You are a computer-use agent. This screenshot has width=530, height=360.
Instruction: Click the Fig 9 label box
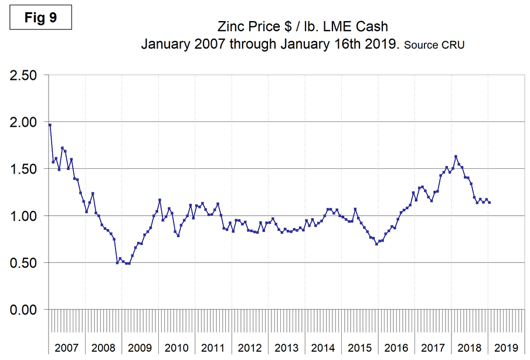pyautogui.click(x=41, y=18)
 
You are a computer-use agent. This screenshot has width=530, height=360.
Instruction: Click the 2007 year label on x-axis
pyautogui.click(x=67, y=348)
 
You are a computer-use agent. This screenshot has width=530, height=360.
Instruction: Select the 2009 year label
pyautogui.click(x=140, y=348)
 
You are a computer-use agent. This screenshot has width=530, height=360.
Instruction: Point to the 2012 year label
pyautogui.click(x=249, y=348)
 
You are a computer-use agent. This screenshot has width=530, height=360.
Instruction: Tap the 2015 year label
pyautogui.click(x=359, y=348)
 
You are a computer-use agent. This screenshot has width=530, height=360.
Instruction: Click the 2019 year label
pyautogui.click(x=505, y=348)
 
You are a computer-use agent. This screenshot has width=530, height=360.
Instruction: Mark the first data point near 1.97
pyautogui.click(x=50, y=125)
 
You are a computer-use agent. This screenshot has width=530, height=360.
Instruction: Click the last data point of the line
pyautogui.click(x=489, y=202)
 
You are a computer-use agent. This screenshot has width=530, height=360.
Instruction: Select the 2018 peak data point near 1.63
pyautogui.click(x=456, y=157)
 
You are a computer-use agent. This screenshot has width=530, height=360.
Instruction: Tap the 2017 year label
pyautogui.click(x=432, y=348)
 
